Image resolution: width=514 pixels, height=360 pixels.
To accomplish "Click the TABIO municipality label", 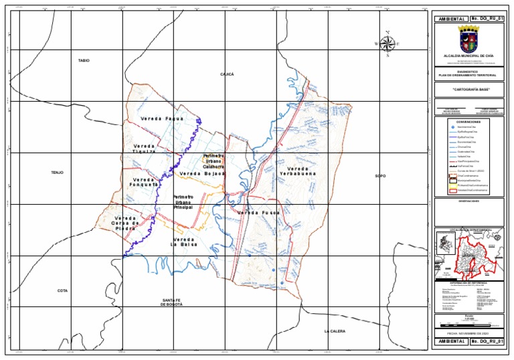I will pyautogui.click(x=84, y=61).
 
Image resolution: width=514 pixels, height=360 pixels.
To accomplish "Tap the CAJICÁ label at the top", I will pyautogui.click(x=227, y=74).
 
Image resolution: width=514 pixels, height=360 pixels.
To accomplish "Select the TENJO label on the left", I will pyautogui.click(x=57, y=173).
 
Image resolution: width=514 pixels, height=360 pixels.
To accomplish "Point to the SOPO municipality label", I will pyautogui.click(x=381, y=175).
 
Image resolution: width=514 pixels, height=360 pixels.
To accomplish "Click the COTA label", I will pyautogui.click(x=62, y=290).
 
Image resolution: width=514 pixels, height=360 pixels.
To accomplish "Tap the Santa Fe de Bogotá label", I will pyautogui.click(x=172, y=302).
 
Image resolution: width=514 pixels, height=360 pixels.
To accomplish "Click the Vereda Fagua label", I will pyautogui.click(x=162, y=118).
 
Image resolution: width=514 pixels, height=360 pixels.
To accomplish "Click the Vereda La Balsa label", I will pyautogui.click(x=183, y=242).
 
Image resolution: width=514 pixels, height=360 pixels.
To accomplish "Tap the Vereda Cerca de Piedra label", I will pyautogui.click(x=125, y=223).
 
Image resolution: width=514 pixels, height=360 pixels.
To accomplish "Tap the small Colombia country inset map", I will pyautogui.click(x=445, y=254).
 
